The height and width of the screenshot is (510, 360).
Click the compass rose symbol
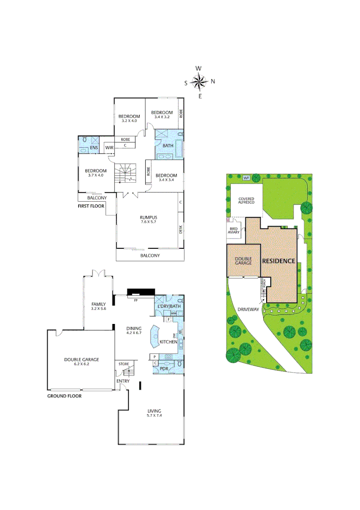pyautogui.click(x=201, y=82)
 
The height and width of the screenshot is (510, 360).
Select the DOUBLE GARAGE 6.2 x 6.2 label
pyautogui.click(x=81, y=362)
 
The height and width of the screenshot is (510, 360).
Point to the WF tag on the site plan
pyautogui.click(x=246, y=178)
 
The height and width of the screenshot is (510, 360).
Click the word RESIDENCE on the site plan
pyautogui.click(x=278, y=261)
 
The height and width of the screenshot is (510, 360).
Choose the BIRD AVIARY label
pyautogui.click(x=234, y=230)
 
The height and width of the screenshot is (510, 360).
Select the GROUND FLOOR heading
pyautogui.click(x=64, y=396)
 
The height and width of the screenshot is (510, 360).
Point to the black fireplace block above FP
pyautogui.click(x=141, y=292)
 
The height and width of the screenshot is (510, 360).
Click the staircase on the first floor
pyautogui.click(x=126, y=173)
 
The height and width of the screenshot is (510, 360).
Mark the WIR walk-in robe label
pyautogui.click(x=109, y=148)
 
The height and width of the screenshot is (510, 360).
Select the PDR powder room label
pyautogui.click(x=164, y=368)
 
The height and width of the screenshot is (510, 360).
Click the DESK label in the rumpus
pyautogui.click(x=181, y=229)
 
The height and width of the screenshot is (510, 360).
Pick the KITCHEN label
pyautogui.click(x=168, y=341)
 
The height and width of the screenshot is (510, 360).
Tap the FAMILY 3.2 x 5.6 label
pyautogui.click(x=98, y=306)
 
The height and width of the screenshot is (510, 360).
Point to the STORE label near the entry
pyautogui.click(x=124, y=364)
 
